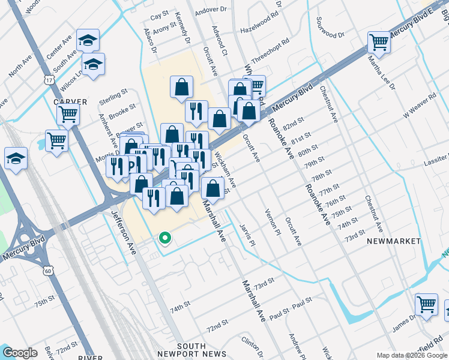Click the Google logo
click(x=20, y=353)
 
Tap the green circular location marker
click(x=164, y=239)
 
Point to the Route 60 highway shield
click(x=49, y=271)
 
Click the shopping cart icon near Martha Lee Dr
click(x=379, y=42)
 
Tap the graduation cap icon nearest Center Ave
click(x=88, y=40)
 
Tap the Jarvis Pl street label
click(x=248, y=235)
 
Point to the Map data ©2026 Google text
click(x=411, y=355)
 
